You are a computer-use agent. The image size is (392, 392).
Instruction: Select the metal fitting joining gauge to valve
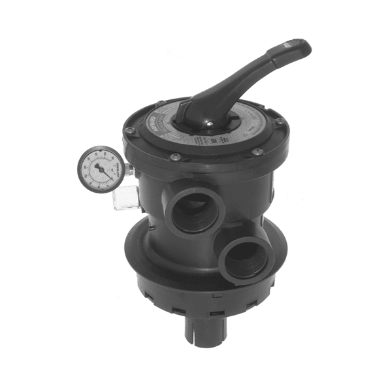(x=130, y=171)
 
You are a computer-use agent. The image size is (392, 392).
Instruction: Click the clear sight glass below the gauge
(x=126, y=199)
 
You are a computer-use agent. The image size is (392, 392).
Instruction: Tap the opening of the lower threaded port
(x=245, y=259)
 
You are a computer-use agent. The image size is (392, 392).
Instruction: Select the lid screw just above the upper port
(x=175, y=157)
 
